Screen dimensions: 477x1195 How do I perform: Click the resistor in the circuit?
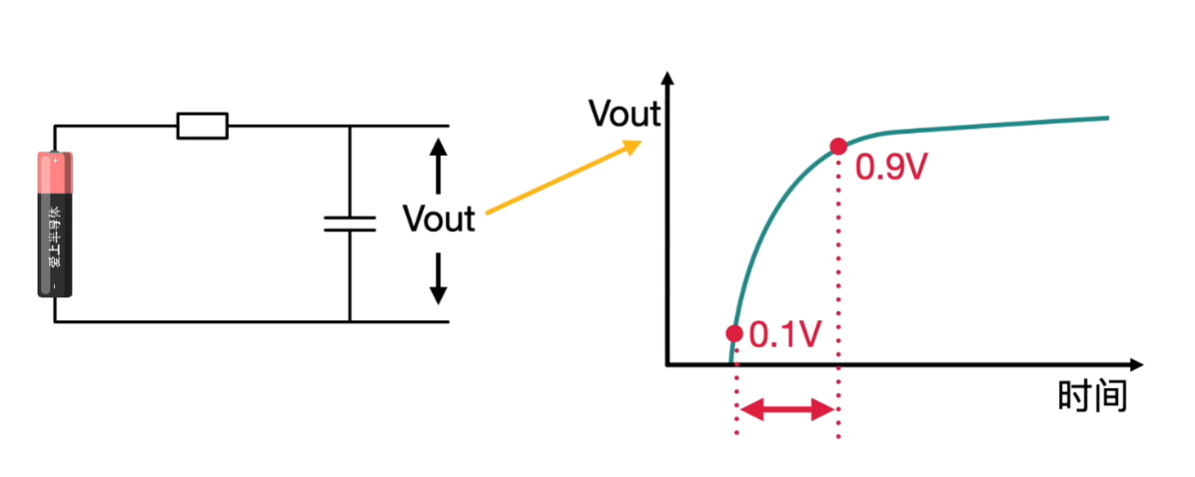pos(202,126)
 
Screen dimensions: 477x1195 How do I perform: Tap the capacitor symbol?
pos(350,223)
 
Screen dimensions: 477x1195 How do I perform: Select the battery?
pos(55,224)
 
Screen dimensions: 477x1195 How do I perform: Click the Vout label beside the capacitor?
pos(439,219)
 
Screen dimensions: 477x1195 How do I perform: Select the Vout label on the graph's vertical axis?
pos(623,114)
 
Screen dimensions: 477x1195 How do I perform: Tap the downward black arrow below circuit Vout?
pos(438,279)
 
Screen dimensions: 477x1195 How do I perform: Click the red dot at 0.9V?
pos(838,146)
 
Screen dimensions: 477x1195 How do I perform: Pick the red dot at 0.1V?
pos(733,333)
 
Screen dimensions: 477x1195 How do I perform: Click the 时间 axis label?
pos(1091,397)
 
